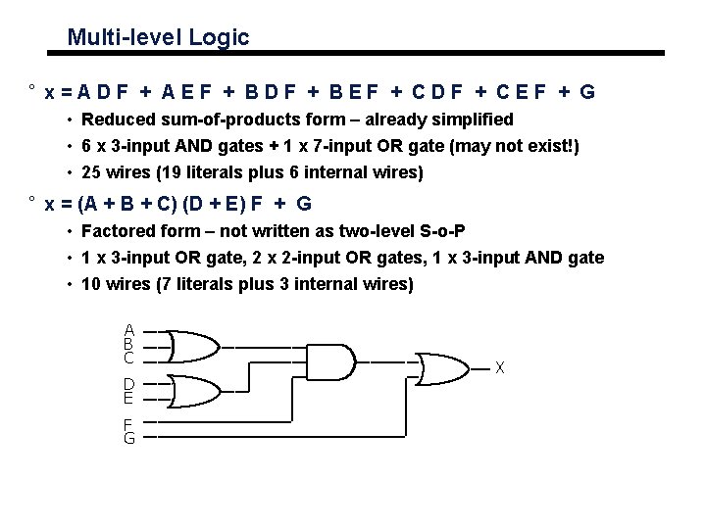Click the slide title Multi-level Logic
pyautogui.click(x=158, y=38)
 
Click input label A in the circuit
pyautogui.click(x=128, y=330)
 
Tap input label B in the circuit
pyautogui.click(x=128, y=344)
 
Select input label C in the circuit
pyautogui.click(x=128, y=359)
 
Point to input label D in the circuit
pyautogui.click(x=128, y=383)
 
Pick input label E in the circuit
pyautogui.click(x=128, y=398)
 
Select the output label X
pyautogui.click(x=500, y=368)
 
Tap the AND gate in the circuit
pyautogui.click(x=331, y=361)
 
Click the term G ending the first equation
pyautogui.click(x=586, y=93)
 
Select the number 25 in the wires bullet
pyautogui.click(x=92, y=173)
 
